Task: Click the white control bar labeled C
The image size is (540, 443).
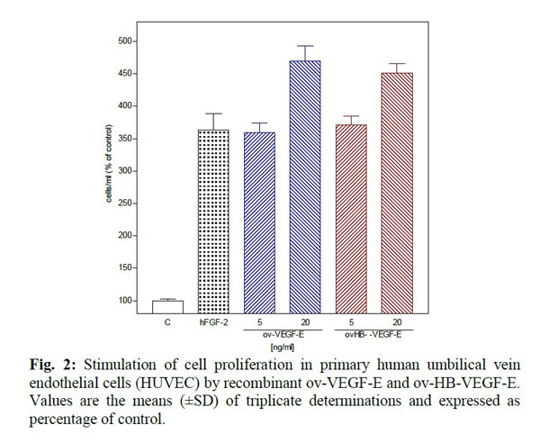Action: [166, 307]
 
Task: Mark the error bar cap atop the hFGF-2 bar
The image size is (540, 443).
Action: [213, 113]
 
